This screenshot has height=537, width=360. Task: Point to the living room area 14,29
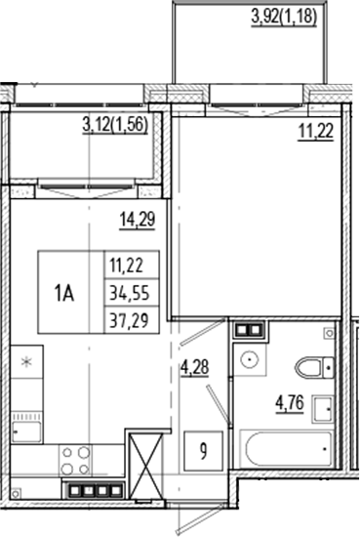point(138,219)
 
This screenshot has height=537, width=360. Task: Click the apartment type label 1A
point(65,290)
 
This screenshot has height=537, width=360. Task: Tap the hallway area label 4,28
point(196,369)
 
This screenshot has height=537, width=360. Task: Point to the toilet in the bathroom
point(313,367)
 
